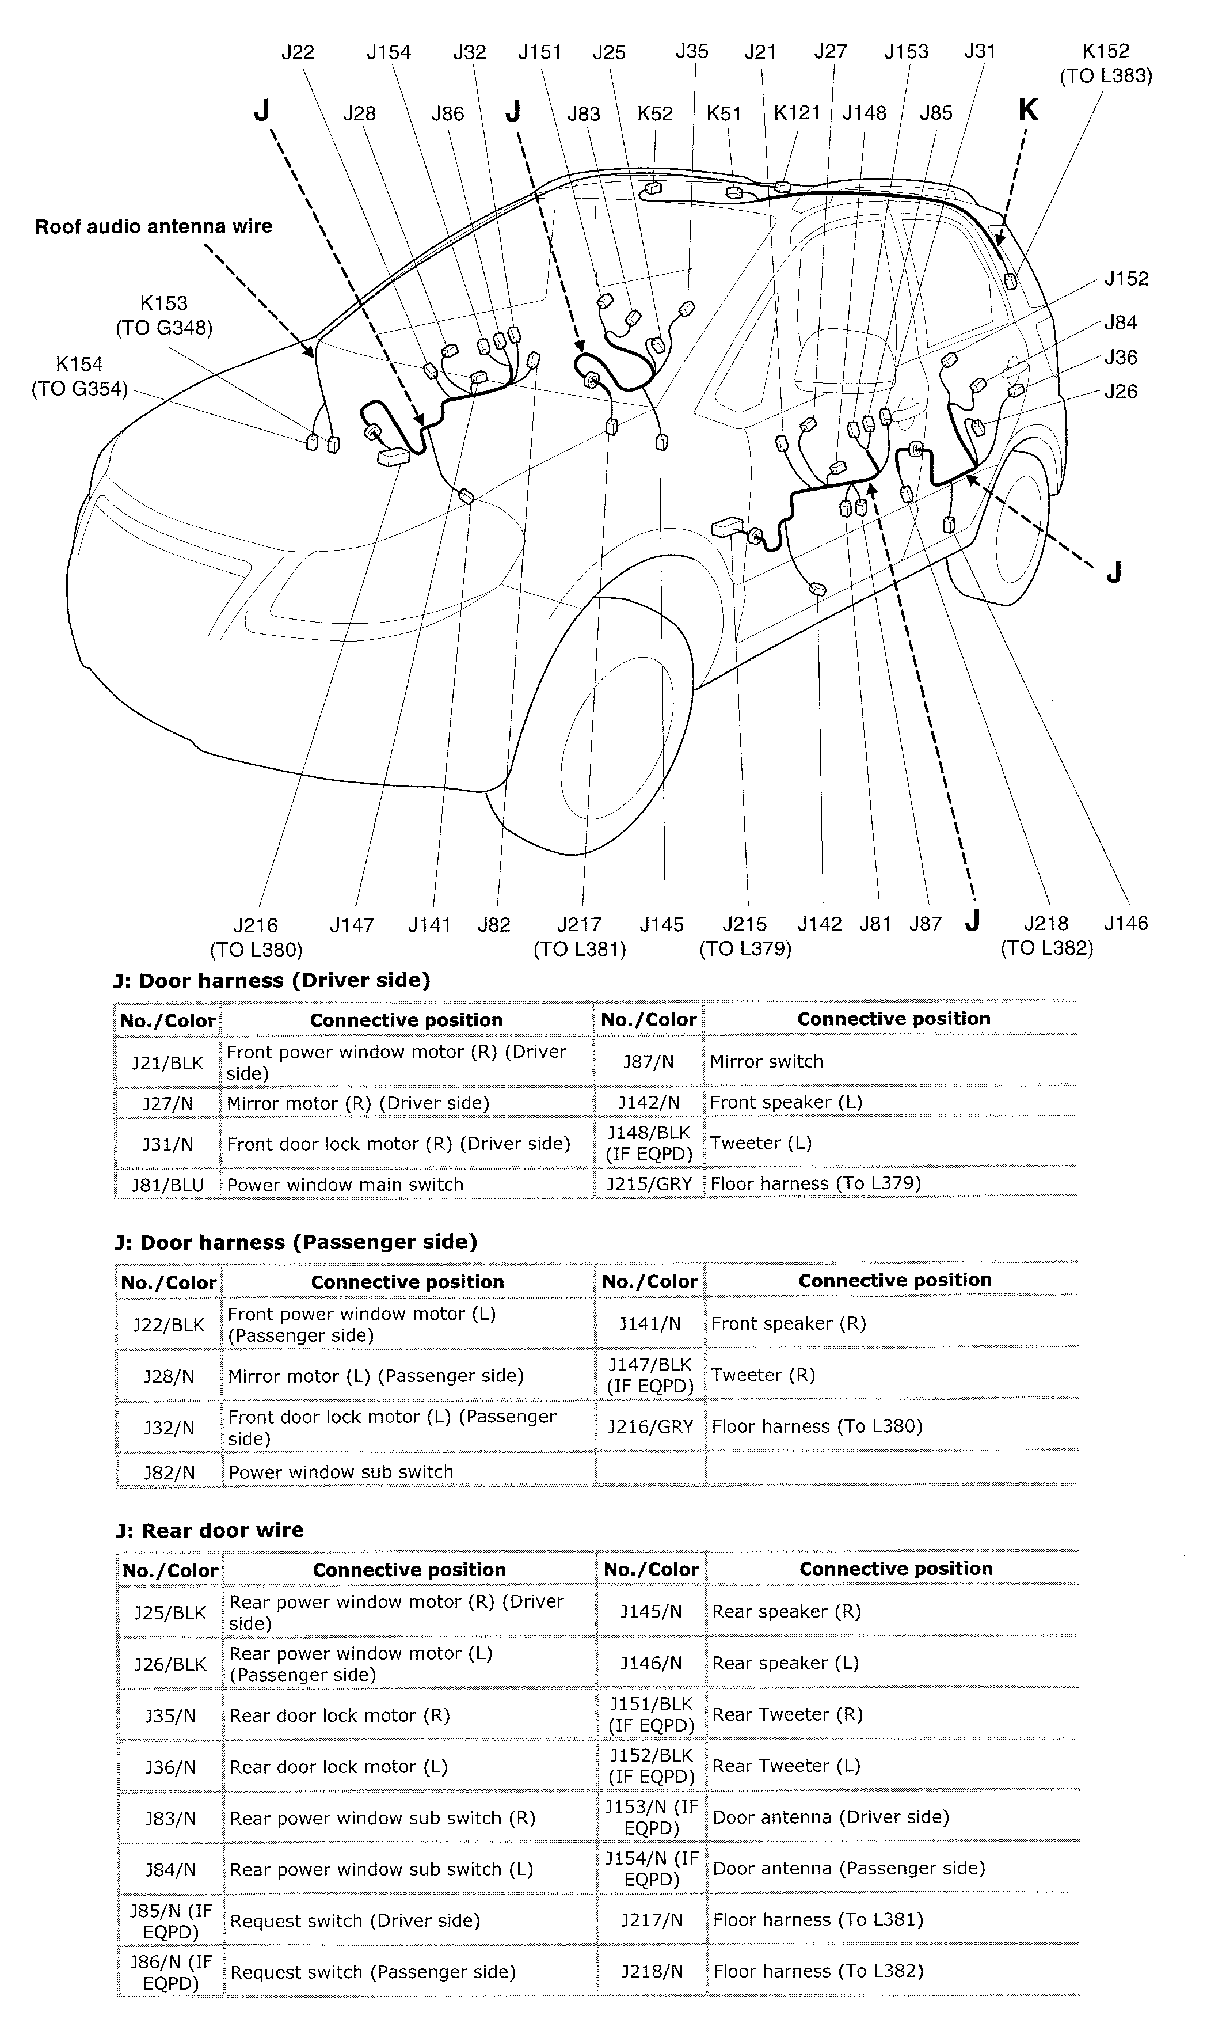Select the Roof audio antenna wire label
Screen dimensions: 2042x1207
tap(153, 226)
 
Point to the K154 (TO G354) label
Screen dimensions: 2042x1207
tap(79, 377)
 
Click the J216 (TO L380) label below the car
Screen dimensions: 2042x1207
tap(256, 937)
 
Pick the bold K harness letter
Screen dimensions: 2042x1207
tap(1028, 110)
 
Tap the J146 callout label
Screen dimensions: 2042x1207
tap(1126, 923)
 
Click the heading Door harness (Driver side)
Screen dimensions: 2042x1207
tap(272, 980)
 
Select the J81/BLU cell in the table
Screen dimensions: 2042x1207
tap(167, 1185)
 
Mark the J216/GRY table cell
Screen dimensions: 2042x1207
tap(650, 1426)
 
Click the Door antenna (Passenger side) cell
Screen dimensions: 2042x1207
tap(848, 1868)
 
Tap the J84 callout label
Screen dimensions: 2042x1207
tap(1120, 323)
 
